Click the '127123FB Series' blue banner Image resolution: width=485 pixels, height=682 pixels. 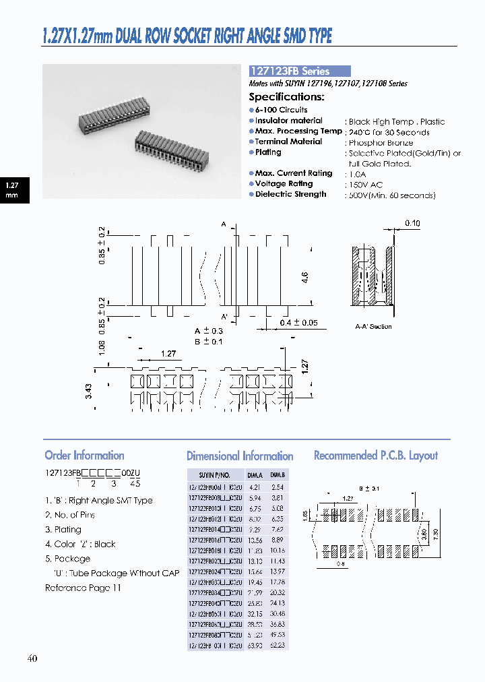click(300, 71)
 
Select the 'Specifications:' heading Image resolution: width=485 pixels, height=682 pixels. click(286, 96)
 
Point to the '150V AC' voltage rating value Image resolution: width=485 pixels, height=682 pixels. click(368, 185)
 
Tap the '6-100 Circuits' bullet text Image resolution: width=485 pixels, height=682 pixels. click(281, 110)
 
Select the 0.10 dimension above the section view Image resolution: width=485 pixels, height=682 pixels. click(412, 223)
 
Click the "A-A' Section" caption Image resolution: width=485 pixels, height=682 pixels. click(373, 326)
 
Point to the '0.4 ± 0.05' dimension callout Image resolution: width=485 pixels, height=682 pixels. click(298, 323)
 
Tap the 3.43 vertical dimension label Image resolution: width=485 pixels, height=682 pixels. click(89, 392)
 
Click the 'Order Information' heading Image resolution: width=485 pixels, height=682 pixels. click(84, 456)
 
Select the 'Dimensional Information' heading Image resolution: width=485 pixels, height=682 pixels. click(239, 456)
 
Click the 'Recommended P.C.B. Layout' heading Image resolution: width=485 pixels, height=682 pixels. click(375, 456)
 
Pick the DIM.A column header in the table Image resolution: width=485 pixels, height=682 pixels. click(255, 474)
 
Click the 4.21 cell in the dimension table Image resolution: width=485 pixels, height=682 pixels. click(255, 487)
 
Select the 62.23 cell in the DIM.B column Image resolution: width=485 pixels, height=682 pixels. click(277, 645)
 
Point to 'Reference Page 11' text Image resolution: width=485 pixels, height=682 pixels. click(83, 588)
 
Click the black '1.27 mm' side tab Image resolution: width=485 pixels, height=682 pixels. click(12, 190)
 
